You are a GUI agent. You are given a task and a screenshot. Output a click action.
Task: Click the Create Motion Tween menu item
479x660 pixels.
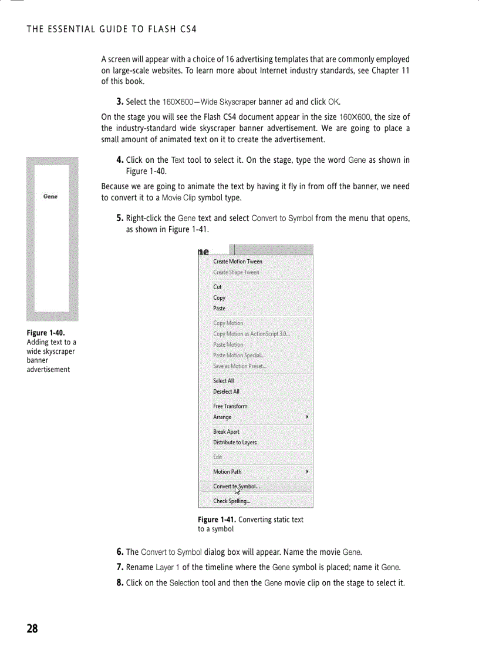click(x=237, y=262)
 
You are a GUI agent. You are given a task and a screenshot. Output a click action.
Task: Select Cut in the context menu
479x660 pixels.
click(x=217, y=287)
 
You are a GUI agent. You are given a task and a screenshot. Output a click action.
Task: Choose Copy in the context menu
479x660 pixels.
click(x=219, y=297)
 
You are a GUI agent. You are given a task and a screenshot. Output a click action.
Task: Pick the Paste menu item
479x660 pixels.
click(x=219, y=308)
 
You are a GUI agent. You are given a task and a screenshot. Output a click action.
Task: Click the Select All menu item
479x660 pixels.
click(x=223, y=381)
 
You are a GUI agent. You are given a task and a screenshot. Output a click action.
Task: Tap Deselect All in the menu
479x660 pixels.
click(x=226, y=391)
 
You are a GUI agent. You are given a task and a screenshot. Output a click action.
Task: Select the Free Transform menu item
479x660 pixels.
click(x=230, y=406)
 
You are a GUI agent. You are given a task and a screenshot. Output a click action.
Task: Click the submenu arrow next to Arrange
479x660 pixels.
click(x=308, y=417)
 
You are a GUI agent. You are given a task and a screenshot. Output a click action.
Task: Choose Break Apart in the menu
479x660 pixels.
click(x=226, y=431)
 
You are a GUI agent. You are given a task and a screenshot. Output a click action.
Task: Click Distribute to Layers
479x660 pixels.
click(x=235, y=442)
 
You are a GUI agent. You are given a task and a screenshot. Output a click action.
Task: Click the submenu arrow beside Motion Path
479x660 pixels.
click(x=308, y=471)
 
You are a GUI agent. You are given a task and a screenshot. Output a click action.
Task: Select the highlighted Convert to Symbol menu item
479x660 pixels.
click(x=237, y=487)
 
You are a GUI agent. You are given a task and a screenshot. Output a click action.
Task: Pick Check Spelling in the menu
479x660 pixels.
click(x=232, y=501)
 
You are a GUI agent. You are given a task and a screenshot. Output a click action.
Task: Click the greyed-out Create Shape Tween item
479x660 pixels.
click(x=236, y=272)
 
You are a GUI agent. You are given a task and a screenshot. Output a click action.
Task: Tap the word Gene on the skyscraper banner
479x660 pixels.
click(x=50, y=196)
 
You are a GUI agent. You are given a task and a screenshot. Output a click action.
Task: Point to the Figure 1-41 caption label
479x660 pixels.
click(x=217, y=520)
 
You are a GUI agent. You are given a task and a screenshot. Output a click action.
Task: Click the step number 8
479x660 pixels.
click(x=120, y=583)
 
